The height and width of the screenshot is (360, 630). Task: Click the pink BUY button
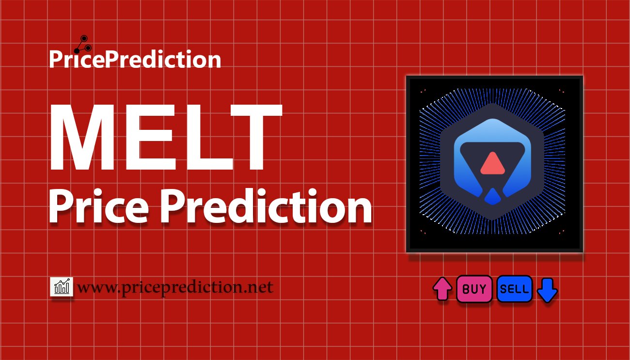tap(474, 289)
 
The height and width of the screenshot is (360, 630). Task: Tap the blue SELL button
tap(514, 289)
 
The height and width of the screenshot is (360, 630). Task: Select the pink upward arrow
tap(442, 289)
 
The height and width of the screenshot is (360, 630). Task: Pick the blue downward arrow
tap(548, 290)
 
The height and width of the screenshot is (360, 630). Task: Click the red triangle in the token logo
tap(492, 163)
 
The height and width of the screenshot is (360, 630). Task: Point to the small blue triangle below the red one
tap(492, 196)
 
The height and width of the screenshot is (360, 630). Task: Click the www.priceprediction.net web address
tap(175, 287)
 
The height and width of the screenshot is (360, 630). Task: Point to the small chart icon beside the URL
tap(62, 287)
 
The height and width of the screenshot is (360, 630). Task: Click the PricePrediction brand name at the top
tap(135, 60)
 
